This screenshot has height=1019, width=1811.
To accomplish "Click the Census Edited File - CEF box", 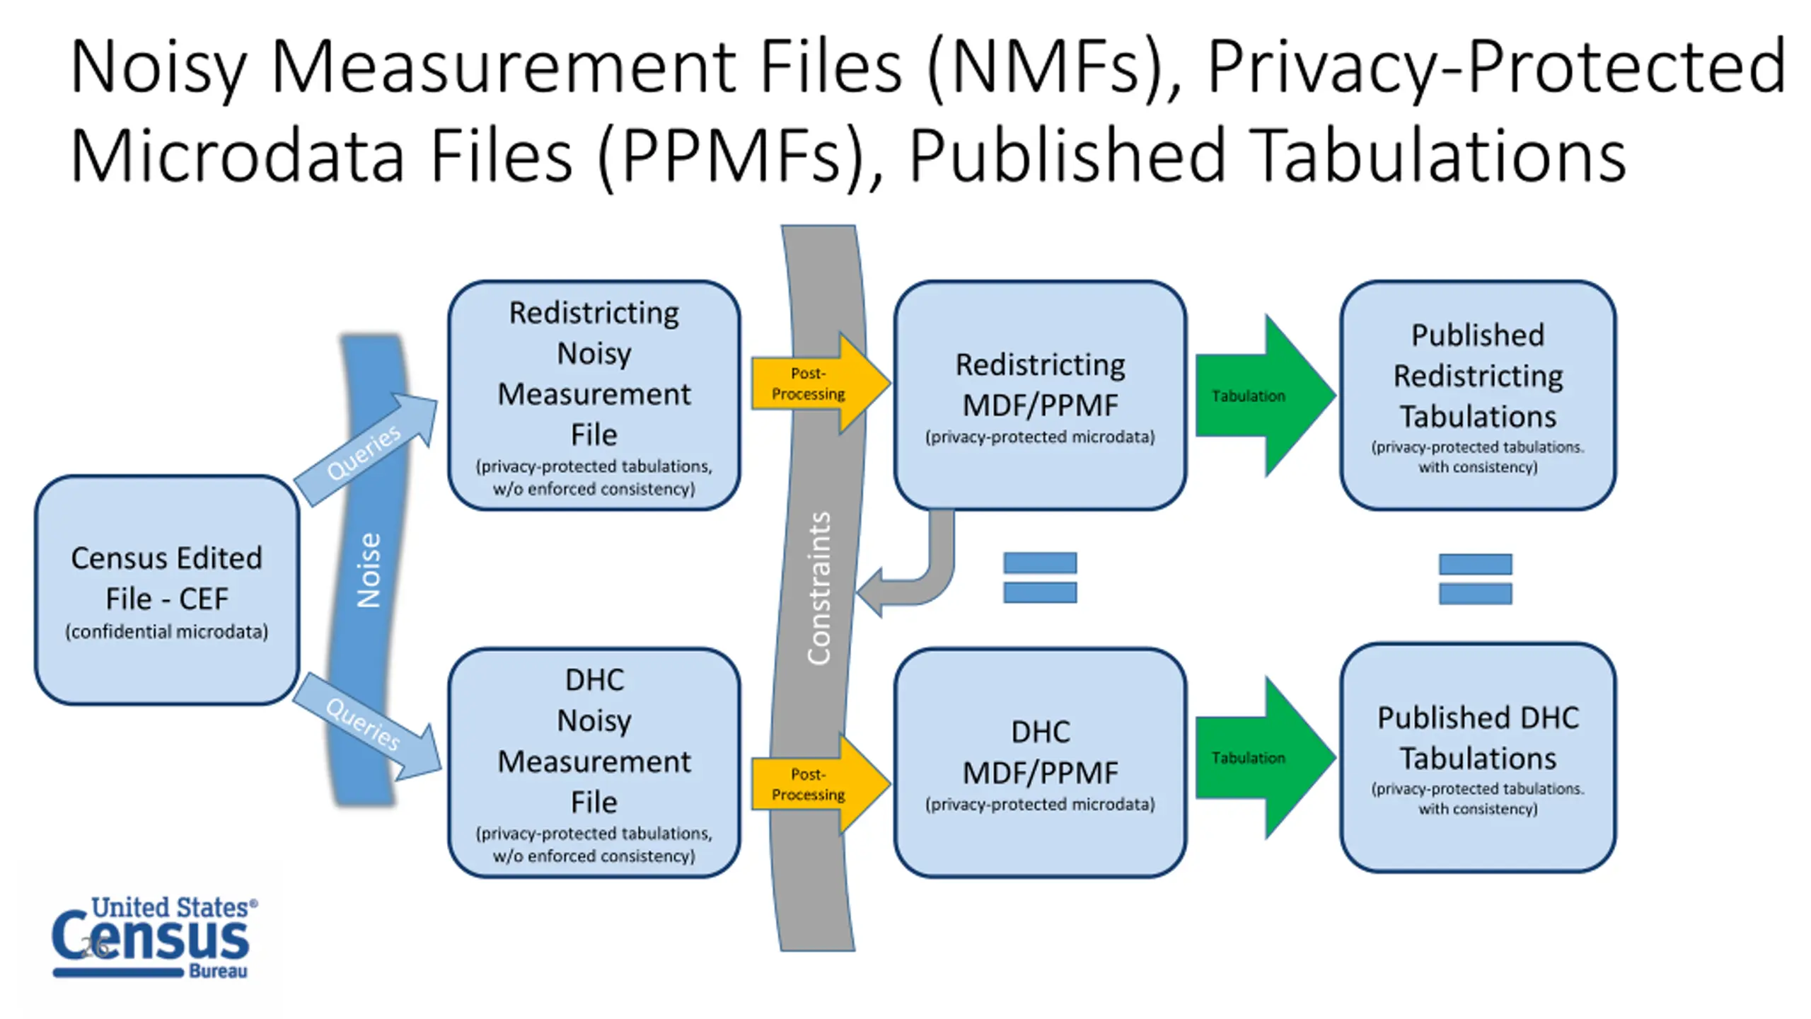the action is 167,590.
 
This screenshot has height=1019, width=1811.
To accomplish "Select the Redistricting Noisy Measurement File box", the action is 594,396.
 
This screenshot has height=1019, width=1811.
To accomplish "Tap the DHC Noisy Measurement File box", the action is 594,763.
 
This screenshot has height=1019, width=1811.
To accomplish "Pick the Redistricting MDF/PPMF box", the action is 1040,396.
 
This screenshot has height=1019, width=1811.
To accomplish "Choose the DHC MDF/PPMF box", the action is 1040,763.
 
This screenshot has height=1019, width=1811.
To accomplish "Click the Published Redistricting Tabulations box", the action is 1478,396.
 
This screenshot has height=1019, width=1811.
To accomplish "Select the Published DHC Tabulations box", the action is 1478,758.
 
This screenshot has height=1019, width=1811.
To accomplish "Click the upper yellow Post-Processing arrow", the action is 821,384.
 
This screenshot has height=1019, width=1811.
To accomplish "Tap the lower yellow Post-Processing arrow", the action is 821,784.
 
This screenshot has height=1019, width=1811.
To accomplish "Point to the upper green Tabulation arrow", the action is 1265,396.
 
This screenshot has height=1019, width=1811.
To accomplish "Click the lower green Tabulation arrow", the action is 1265,758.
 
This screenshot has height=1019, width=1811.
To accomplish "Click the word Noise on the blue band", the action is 369,570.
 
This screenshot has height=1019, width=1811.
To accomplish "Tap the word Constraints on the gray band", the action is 818,588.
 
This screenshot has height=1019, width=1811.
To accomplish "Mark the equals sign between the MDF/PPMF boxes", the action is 1040,577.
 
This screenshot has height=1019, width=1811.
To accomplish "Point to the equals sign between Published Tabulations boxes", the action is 1476,579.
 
